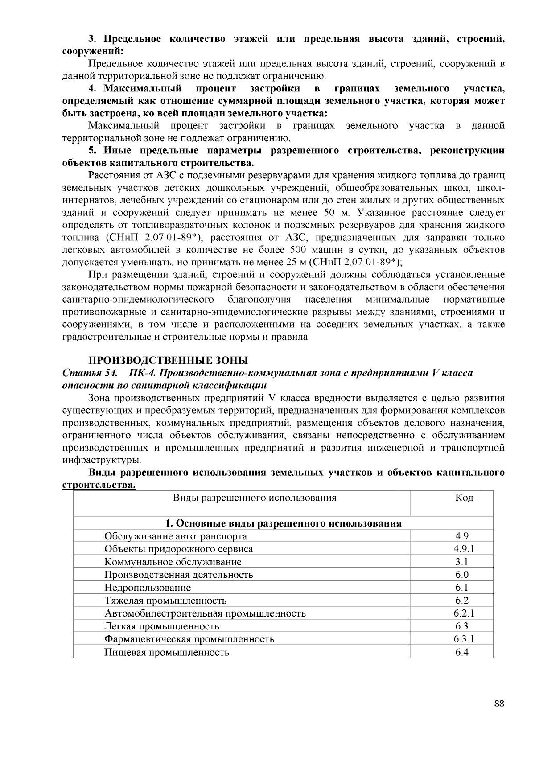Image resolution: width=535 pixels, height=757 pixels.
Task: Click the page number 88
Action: point(499,704)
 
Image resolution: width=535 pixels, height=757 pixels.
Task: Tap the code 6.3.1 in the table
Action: point(464,639)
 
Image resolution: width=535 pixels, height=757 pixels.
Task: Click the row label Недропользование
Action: point(148,588)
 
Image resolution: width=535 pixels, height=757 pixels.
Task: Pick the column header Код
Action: point(464,498)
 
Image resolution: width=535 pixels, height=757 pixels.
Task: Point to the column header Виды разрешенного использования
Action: point(255,498)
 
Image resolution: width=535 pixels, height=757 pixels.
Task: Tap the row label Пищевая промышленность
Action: point(167,653)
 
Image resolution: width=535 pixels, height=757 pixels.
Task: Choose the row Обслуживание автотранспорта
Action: point(176,536)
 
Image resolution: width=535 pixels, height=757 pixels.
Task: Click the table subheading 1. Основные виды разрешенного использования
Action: point(284,523)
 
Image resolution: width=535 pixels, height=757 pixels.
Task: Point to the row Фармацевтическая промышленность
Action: point(189,639)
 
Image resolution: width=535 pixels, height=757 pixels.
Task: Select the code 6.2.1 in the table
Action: point(464,613)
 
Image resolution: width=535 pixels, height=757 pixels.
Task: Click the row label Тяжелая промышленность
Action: point(165,601)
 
